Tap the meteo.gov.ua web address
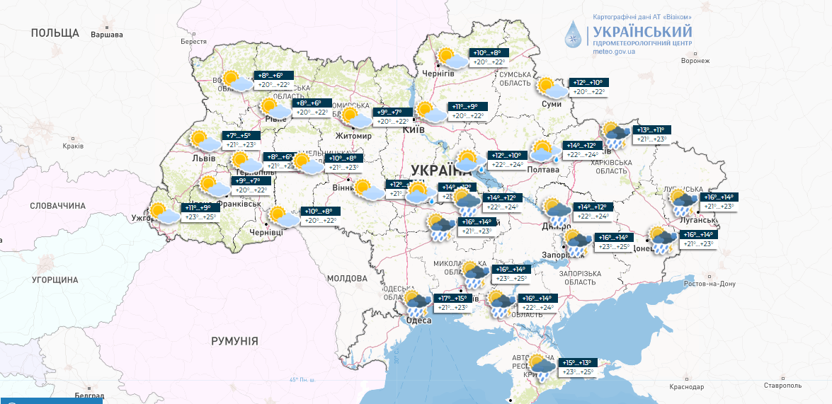[614, 51]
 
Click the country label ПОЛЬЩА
[55, 33]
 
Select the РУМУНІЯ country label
[234, 341]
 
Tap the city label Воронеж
[695, 61]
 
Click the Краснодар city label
[685, 387]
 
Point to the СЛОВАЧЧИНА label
[57, 206]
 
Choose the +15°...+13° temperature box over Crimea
[576, 362]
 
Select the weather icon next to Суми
[551, 88]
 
